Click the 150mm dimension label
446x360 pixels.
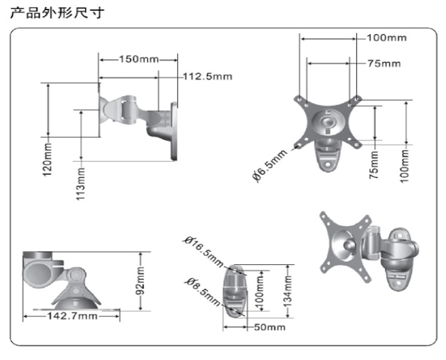[x=139, y=59]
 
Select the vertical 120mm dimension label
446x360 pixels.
[x=48, y=159]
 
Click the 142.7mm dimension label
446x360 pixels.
[x=71, y=316]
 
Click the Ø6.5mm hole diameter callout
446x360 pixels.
[x=269, y=166]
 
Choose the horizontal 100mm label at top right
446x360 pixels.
[x=387, y=38]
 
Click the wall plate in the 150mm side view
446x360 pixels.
[x=175, y=131]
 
